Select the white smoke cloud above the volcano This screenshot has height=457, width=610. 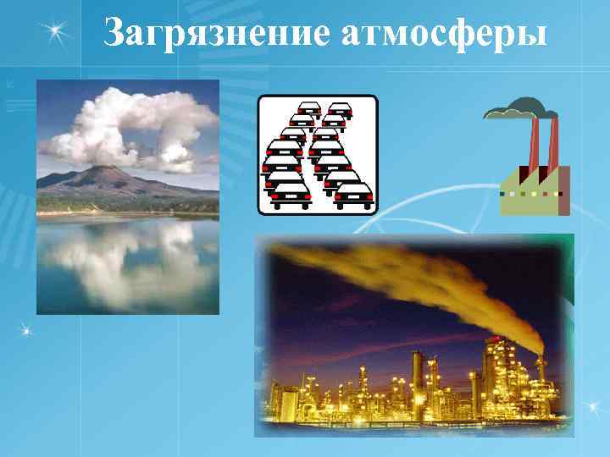pos(127,127)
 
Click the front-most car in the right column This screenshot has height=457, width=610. pos(352,194)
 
